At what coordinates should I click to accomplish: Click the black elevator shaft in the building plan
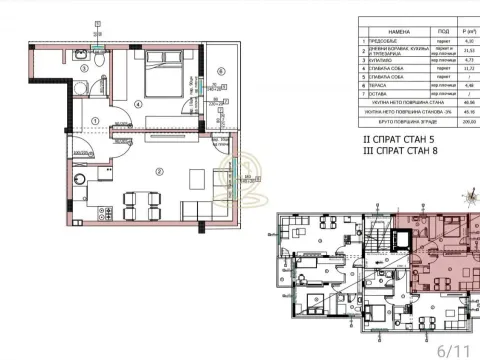click(402, 241)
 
